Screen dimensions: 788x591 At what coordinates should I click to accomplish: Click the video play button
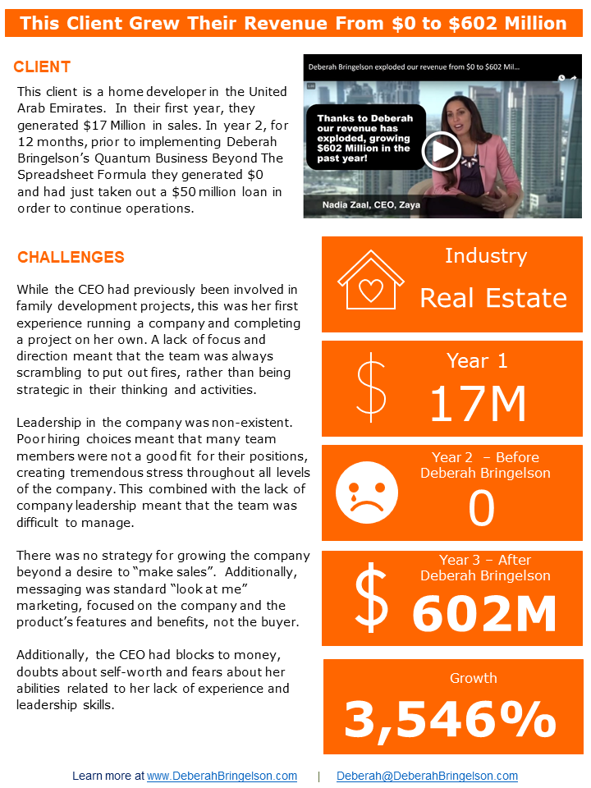pyautogui.click(x=442, y=150)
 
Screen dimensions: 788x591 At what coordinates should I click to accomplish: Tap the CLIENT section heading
pyautogui.click(x=42, y=67)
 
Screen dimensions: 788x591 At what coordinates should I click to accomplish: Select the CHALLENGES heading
pyautogui.click(x=71, y=258)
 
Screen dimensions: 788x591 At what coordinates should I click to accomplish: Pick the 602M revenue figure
pyautogui.click(x=484, y=613)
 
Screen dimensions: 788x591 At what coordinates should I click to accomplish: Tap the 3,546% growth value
pyautogui.click(x=450, y=720)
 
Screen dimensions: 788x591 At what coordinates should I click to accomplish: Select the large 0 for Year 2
pyautogui.click(x=482, y=509)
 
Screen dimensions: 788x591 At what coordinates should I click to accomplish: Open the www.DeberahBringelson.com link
pyautogui.click(x=222, y=776)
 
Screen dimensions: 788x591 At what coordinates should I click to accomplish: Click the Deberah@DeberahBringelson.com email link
pyautogui.click(x=427, y=776)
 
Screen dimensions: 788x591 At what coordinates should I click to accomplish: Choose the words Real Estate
pyautogui.click(x=493, y=297)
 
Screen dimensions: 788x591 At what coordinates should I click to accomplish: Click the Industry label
pyautogui.click(x=485, y=256)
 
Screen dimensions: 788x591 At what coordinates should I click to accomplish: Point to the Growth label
pyautogui.click(x=473, y=678)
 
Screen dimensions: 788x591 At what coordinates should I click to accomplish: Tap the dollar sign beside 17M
pyautogui.click(x=371, y=387)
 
